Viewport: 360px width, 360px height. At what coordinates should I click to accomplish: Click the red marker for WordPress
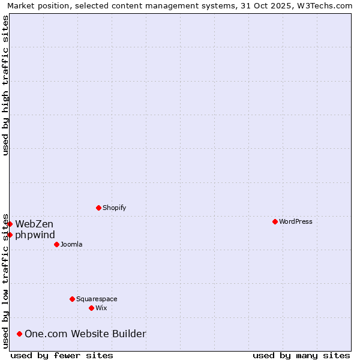coord(275,221)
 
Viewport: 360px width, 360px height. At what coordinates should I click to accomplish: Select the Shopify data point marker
coord(98,208)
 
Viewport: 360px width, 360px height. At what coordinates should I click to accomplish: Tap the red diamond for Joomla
coord(56,244)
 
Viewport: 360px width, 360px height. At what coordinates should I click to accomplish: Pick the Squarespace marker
coord(72,299)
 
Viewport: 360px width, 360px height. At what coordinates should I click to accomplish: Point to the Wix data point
coord(91,308)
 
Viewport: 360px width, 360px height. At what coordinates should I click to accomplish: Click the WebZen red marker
coord(10,224)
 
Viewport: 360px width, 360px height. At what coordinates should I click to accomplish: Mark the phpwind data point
coord(10,235)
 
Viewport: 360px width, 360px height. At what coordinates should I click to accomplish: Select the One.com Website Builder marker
coord(20,334)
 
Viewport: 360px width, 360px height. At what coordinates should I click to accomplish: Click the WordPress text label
coord(296,221)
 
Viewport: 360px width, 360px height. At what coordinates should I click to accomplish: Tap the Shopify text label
coord(115,208)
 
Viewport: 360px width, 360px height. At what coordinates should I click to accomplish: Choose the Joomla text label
coord(71,244)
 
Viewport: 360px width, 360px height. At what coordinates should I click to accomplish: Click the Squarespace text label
coord(97,299)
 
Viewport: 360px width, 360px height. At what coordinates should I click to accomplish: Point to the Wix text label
coord(101,308)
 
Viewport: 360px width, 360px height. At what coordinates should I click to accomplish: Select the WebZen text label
coord(34,224)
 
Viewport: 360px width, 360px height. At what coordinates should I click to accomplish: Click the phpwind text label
coord(35,235)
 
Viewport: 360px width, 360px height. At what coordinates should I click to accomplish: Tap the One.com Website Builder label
coord(85,334)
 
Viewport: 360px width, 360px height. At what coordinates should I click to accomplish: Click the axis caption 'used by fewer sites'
coord(62,355)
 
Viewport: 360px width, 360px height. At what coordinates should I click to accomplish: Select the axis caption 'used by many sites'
coord(301,355)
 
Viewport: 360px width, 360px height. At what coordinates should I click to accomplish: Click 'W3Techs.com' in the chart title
coord(323,5)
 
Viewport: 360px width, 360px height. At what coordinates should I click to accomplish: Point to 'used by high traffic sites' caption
coord(5,85)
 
